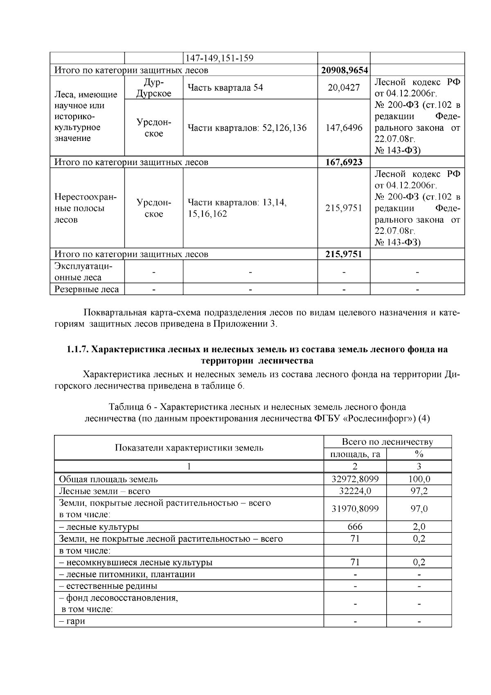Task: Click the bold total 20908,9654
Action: coord(344,70)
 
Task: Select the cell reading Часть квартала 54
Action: coord(225,88)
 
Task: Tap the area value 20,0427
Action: coord(344,88)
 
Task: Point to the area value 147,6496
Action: coord(344,128)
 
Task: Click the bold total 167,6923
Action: coord(344,162)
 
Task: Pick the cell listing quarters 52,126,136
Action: coord(247,128)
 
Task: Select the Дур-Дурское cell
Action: coord(153,88)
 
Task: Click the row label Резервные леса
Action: coord(87,289)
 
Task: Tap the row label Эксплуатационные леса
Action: coord(83,272)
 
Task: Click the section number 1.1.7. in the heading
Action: coord(77,349)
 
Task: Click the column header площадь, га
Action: coord(355,454)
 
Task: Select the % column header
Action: coord(419,454)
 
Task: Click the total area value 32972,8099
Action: coord(355,479)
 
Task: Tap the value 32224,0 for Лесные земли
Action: coord(355,491)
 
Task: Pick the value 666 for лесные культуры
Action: coord(355,527)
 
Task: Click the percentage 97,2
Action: coord(419,491)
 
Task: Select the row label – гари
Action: coord(72,621)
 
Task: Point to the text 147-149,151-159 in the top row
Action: coord(219,58)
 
